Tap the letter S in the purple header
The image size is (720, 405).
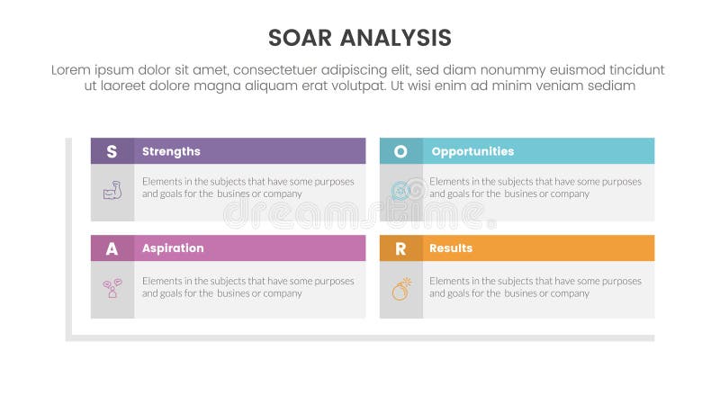tap(112, 151)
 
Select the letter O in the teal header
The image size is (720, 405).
tap(400, 151)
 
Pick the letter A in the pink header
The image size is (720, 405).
tap(112, 248)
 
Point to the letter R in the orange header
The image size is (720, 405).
tap(400, 248)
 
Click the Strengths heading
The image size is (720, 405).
tap(171, 151)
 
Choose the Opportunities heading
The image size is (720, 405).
tap(472, 151)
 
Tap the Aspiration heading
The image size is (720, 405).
tap(173, 248)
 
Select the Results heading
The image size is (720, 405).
tap(451, 248)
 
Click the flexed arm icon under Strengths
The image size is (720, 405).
tap(112, 191)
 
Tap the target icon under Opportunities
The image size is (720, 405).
tap(401, 191)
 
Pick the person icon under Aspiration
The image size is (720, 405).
tap(112, 289)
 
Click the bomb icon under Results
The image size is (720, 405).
tap(401, 289)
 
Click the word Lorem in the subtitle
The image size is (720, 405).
tap(72, 69)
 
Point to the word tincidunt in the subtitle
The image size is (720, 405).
tap(634, 69)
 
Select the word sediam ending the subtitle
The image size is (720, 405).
tap(613, 85)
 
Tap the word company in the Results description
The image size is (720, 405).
tap(570, 293)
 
